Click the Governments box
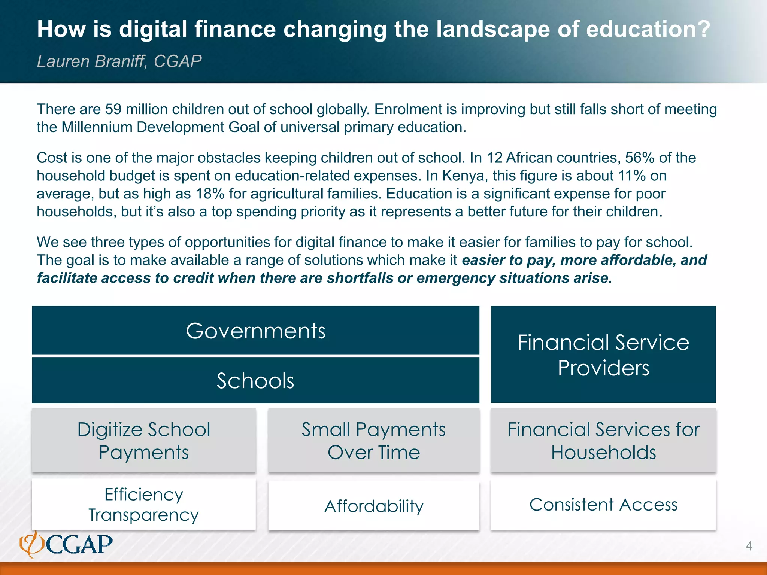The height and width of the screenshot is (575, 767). [x=255, y=331]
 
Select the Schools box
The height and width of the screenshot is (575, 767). [x=255, y=380]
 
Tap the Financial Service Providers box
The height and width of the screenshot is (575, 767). [x=603, y=355]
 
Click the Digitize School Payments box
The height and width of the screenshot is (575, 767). [x=144, y=440]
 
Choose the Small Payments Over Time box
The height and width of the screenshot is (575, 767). [x=374, y=440]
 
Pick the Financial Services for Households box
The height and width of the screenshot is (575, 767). [x=603, y=440]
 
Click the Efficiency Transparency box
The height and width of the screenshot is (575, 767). [x=144, y=504]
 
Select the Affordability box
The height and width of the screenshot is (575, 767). [x=374, y=506]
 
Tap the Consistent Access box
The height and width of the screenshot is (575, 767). [x=603, y=504]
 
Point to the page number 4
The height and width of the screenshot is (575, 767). [x=749, y=546]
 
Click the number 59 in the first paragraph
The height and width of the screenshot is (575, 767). [x=113, y=109]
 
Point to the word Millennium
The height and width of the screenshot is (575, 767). [x=97, y=127]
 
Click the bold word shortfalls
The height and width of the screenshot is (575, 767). [x=360, y=278]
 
